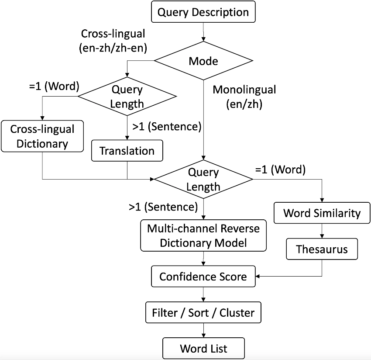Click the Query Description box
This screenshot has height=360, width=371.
point(203,12)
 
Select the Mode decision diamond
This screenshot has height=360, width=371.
point(203,61)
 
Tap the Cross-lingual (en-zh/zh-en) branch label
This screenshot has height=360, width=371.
point(113,41)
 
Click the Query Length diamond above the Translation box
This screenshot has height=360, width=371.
point(127,97)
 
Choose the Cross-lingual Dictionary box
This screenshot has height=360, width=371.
point(42,136)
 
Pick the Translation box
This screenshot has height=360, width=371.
point(127,151)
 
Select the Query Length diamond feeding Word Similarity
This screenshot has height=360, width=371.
point(203,180)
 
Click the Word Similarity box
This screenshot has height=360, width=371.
point(322,213)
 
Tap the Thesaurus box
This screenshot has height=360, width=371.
point(322,249)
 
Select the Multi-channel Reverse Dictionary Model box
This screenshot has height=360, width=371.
point(203,235)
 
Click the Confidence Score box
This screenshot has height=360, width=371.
point(203,276)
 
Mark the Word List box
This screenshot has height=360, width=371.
point(203,349)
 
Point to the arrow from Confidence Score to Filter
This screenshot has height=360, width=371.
point(203,294)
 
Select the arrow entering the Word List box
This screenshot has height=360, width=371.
point(203,331)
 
